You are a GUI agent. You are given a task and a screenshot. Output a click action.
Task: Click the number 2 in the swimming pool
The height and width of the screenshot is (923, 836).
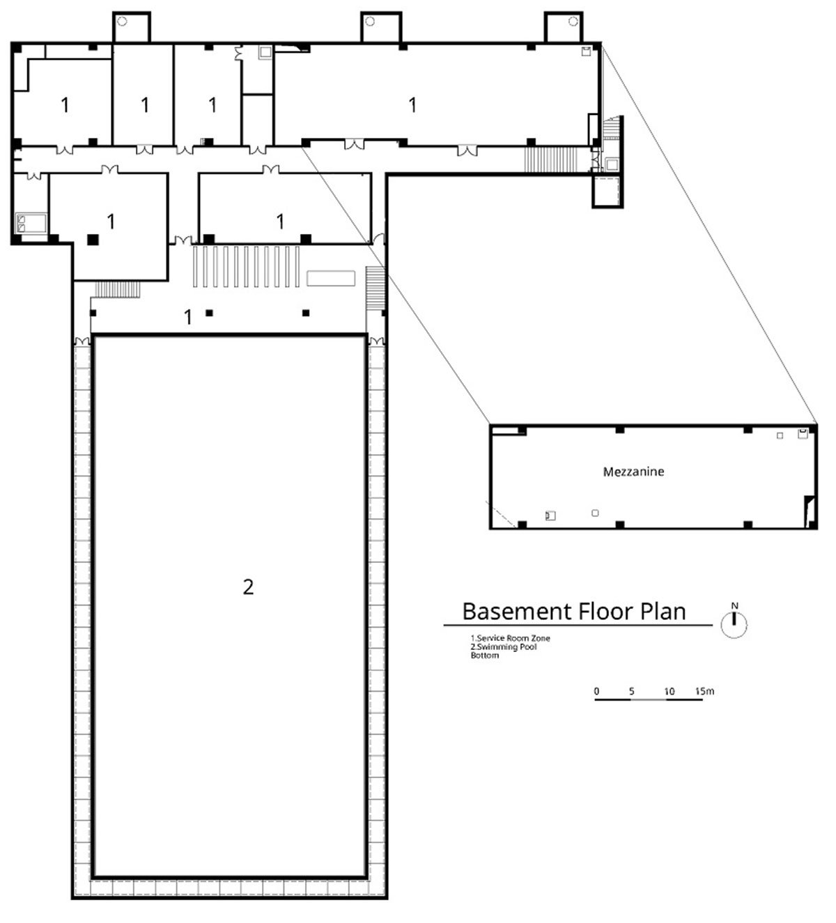click(x=248, y=587)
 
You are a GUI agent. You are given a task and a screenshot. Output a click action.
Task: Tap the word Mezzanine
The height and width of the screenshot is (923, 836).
click(x=633, y=472)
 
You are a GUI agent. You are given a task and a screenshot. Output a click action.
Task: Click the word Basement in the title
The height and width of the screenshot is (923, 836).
click(x=517, y=612)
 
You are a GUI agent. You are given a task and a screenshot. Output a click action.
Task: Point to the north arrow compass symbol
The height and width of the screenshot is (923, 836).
click(x=734, y=621)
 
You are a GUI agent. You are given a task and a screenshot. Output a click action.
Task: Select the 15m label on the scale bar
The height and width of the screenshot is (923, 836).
click(x=704, y=691)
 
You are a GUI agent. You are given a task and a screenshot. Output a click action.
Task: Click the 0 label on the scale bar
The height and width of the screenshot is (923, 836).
click(x=596, y=691)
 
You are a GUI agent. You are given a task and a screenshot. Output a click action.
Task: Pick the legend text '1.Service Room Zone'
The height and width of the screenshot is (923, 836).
click(x=510, y=638)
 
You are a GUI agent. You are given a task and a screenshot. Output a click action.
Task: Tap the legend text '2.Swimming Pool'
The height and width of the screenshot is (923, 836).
click(x=504, y=646)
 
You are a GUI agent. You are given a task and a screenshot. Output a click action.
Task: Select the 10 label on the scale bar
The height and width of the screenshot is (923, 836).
click(x=669, y=691)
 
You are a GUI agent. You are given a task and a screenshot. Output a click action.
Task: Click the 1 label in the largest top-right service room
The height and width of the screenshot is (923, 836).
click(x=413, y=105)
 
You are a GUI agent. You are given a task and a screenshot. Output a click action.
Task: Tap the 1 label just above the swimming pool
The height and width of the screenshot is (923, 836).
click(x=188, y=316)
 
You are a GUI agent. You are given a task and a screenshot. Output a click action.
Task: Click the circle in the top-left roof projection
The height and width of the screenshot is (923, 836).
click(x=122, y=21)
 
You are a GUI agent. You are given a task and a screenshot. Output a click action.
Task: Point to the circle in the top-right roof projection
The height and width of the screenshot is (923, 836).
click(x=573, y=21)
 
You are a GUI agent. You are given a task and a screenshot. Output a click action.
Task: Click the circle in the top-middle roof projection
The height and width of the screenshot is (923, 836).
click(x=370, y=21)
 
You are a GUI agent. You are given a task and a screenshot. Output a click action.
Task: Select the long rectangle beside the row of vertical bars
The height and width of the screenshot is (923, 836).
click(x=331, y=279)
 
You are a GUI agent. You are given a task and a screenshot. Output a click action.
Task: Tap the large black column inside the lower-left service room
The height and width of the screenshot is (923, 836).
click(x=93, y=239)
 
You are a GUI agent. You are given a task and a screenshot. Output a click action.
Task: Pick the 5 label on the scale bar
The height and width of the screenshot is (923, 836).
click(x=632, y=691)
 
